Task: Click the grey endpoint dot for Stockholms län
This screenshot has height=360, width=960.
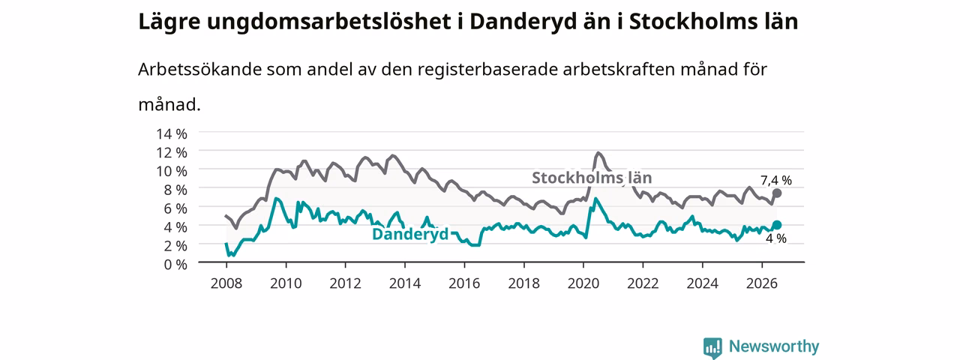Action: point(776,193)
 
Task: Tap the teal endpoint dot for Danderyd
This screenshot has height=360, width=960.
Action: point(776,225)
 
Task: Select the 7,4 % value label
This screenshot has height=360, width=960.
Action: point(776,181)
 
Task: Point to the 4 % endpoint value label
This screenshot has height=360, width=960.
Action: point(776,238)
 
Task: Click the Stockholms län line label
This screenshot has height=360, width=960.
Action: point(592,178)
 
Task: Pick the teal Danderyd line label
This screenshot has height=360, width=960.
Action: point(410,234)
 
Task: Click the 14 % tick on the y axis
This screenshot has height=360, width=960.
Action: point(172,133)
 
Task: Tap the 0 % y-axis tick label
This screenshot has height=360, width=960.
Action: point(175,264)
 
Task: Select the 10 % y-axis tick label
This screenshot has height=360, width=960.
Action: point(172,171)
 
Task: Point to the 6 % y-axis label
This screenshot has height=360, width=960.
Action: point(175,208)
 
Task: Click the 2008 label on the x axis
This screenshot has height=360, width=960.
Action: point(226,283)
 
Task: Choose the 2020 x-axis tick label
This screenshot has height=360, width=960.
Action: point(583,283)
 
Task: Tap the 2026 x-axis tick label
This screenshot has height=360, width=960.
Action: point(762,283)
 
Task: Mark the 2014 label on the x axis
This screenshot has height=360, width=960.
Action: point(404,283)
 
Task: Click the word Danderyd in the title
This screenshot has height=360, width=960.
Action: point(523,22)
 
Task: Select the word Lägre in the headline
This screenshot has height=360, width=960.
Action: point(169,22)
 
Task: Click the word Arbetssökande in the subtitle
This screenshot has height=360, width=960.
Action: point(199,70)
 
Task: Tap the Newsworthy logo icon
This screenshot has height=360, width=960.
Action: point(712,347)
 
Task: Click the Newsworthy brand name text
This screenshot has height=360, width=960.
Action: point(774,346)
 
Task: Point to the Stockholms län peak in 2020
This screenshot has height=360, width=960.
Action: point(598,152)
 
